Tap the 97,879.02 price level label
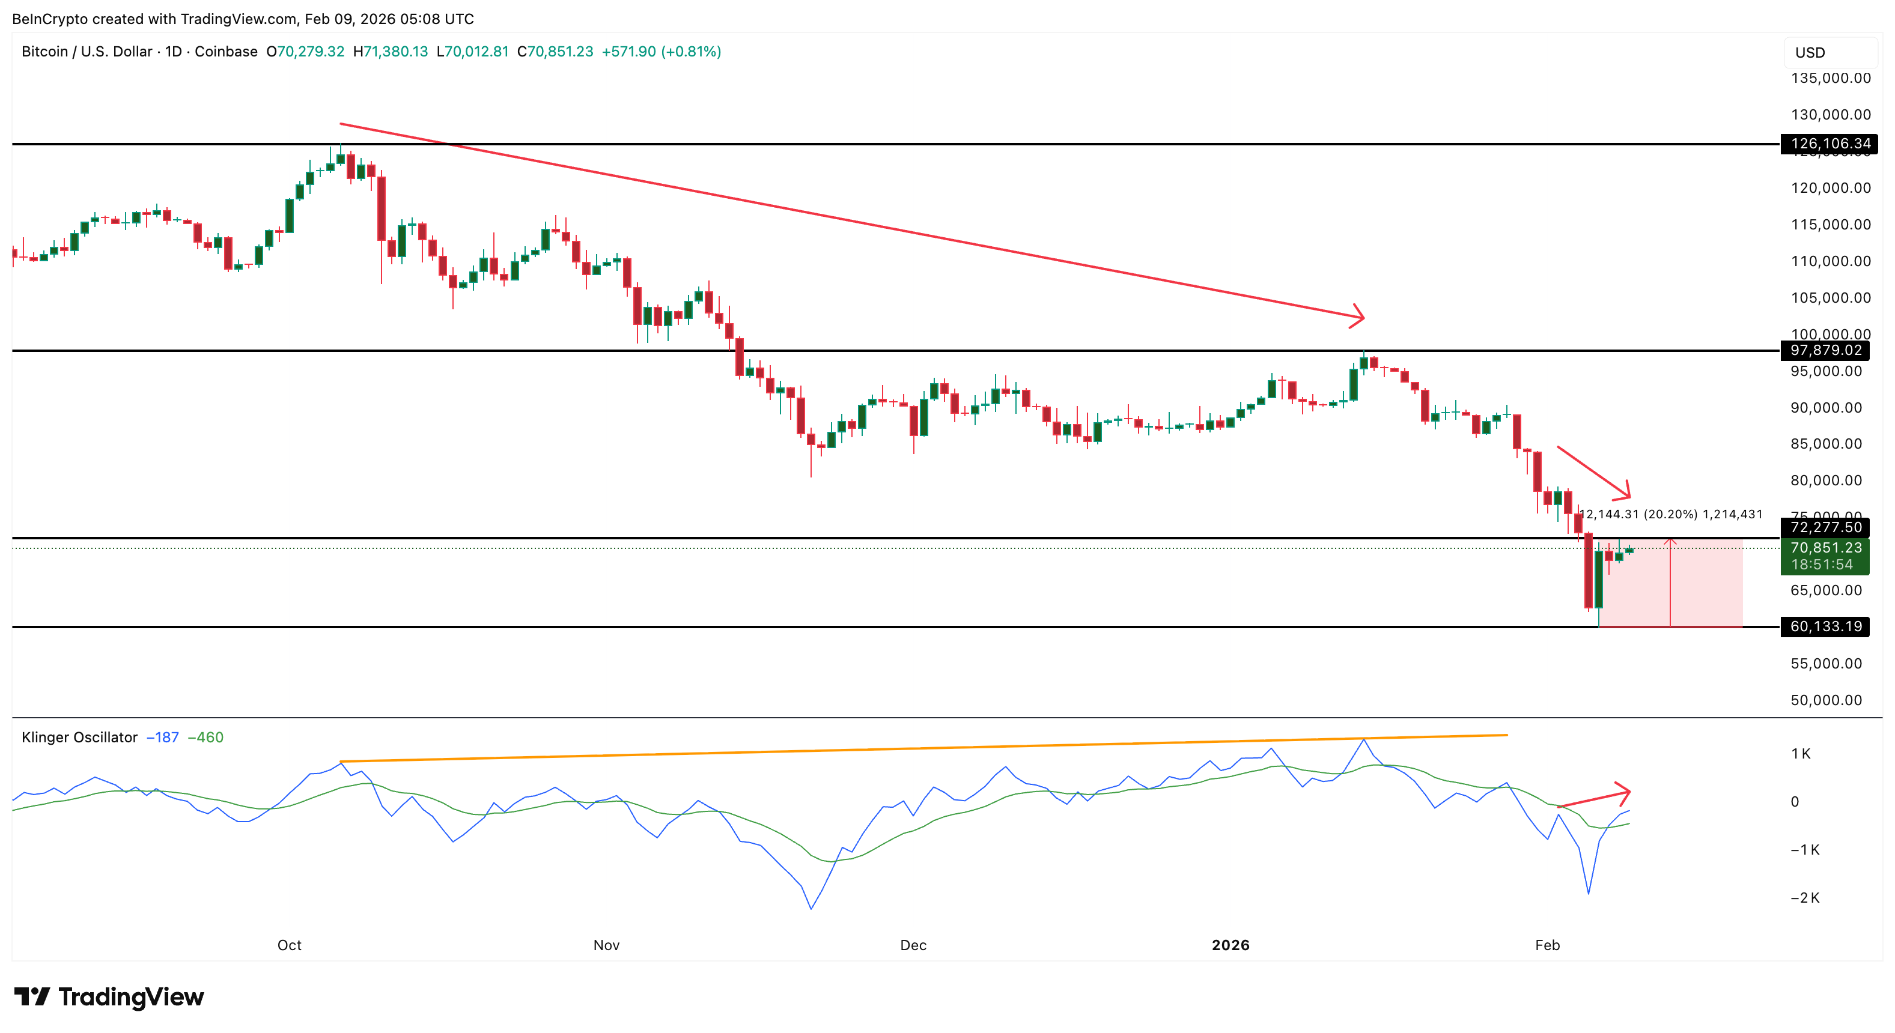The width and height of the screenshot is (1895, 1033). point(1825,350)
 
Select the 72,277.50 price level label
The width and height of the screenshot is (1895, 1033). point(1825,527)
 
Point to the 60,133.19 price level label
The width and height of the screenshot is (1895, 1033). point(1825,626)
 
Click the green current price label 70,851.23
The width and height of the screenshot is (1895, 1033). point(1825,548)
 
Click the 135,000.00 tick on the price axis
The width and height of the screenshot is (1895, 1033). point(1830,78)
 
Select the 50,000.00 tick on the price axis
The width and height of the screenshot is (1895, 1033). point(1826,700)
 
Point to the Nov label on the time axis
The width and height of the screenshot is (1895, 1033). point(606,945)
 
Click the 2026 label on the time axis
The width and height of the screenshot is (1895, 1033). point(1230,945)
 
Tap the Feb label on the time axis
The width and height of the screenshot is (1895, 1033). point(1547,945)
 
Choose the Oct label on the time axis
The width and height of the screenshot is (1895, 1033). point(289,945)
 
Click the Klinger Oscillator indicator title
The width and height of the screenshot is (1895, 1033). point(79,738)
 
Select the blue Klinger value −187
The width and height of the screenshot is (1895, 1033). point(163,738)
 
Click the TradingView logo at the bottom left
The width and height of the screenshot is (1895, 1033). point(109,997)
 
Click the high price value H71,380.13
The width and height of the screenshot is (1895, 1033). point(390,52)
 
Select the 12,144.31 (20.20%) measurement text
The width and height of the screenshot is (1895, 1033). point(1638,514)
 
